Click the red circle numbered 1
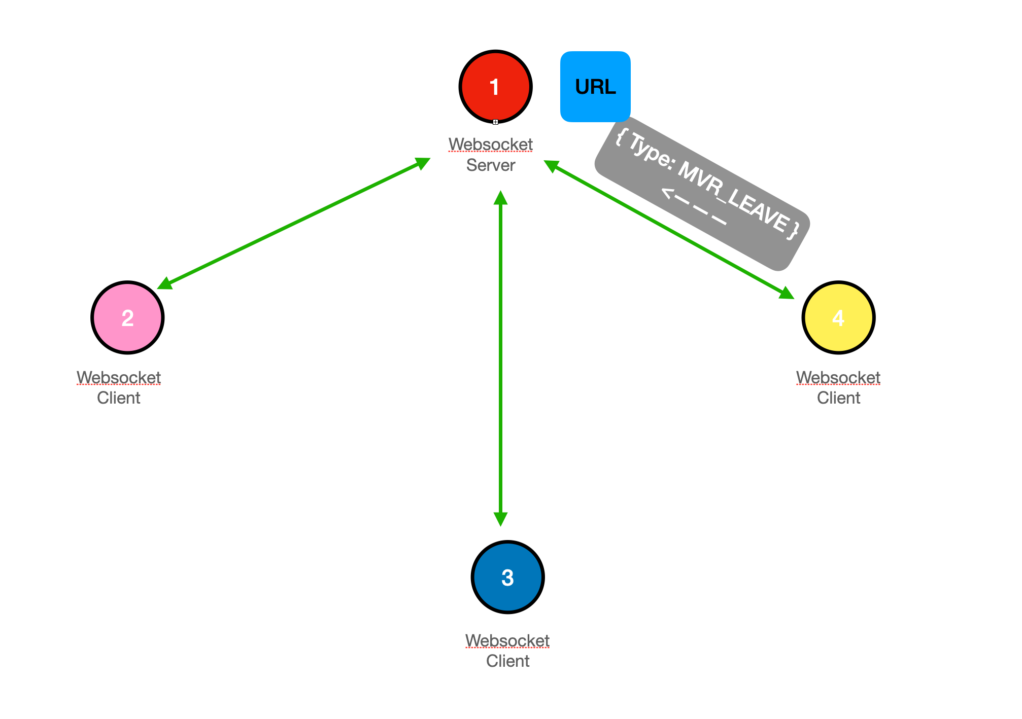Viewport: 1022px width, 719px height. [x=495, y=87]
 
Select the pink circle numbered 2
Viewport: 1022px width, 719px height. [x=127, y=317]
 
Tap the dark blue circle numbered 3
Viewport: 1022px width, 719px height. [x=507, y=577]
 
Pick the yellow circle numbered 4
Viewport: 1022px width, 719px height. [x=838, y=317]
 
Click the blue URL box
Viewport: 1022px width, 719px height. [x=595, y=87]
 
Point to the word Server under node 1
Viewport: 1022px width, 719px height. [x=491, y=165]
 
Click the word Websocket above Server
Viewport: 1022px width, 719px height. [x=491, y=145]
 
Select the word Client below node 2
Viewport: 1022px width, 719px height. [x=119, y=398]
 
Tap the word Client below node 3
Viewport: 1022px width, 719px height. [x=507, y=661]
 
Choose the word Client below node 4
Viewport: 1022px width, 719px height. [x=838, y=398]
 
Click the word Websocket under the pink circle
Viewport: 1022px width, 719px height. [x=119, y=378]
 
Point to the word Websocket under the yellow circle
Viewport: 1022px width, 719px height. [x=838, y=378]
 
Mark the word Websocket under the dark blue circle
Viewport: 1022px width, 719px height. [x=507, y=641]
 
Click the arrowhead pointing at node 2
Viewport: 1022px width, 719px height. [x=164, y=284]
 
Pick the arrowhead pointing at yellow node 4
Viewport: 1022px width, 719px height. [x=787, y=294]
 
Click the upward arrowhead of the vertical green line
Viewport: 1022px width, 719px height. [x=500, y=197]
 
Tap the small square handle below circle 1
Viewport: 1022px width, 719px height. [x=495, y=122]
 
